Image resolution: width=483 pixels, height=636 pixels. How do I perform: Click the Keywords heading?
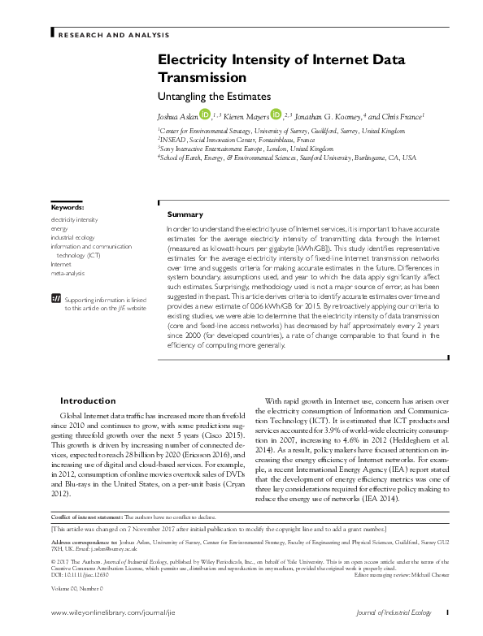pyautogui.click(x=67, y=208)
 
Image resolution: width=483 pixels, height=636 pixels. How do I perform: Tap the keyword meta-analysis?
pyautogui.click(x=69, y=273)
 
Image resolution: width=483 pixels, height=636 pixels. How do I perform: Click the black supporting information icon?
pyautogui.click(x=56, y=299)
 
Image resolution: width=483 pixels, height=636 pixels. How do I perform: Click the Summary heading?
pyautogui.click(x=185, y=214)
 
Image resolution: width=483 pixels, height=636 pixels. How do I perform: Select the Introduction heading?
pyautogui.click(x=89, y=400)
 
